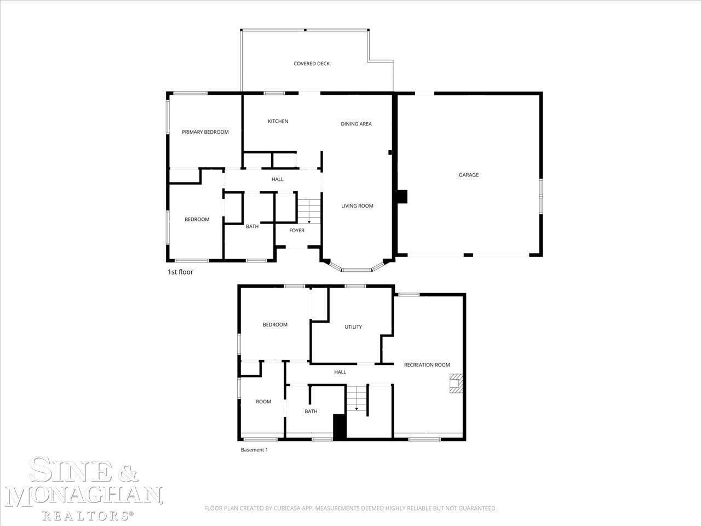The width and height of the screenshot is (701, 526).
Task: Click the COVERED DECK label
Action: [312, 64]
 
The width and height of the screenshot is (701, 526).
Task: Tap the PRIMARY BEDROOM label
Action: [205, 132]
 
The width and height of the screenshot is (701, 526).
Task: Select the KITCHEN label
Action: [278, 121]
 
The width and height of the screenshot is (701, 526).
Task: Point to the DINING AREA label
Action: [356, 124]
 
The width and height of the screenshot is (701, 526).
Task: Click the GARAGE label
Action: [468, 175]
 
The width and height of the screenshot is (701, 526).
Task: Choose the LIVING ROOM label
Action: [357, 206]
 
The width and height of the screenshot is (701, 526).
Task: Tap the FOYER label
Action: [297, 230]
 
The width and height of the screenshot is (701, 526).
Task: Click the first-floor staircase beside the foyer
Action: [309, 211]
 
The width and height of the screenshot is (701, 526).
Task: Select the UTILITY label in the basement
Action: [353, 327]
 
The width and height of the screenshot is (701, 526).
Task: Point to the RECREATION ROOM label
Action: [427, 365]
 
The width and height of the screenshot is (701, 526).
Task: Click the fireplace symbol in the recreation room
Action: [456, 383]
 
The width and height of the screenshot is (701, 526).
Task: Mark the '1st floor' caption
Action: [180, 272]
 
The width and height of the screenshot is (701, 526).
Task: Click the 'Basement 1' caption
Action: [254, 450]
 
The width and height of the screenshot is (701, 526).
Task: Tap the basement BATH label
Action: [311, 411]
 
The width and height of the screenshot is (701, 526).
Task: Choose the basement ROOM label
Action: [263, 402]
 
